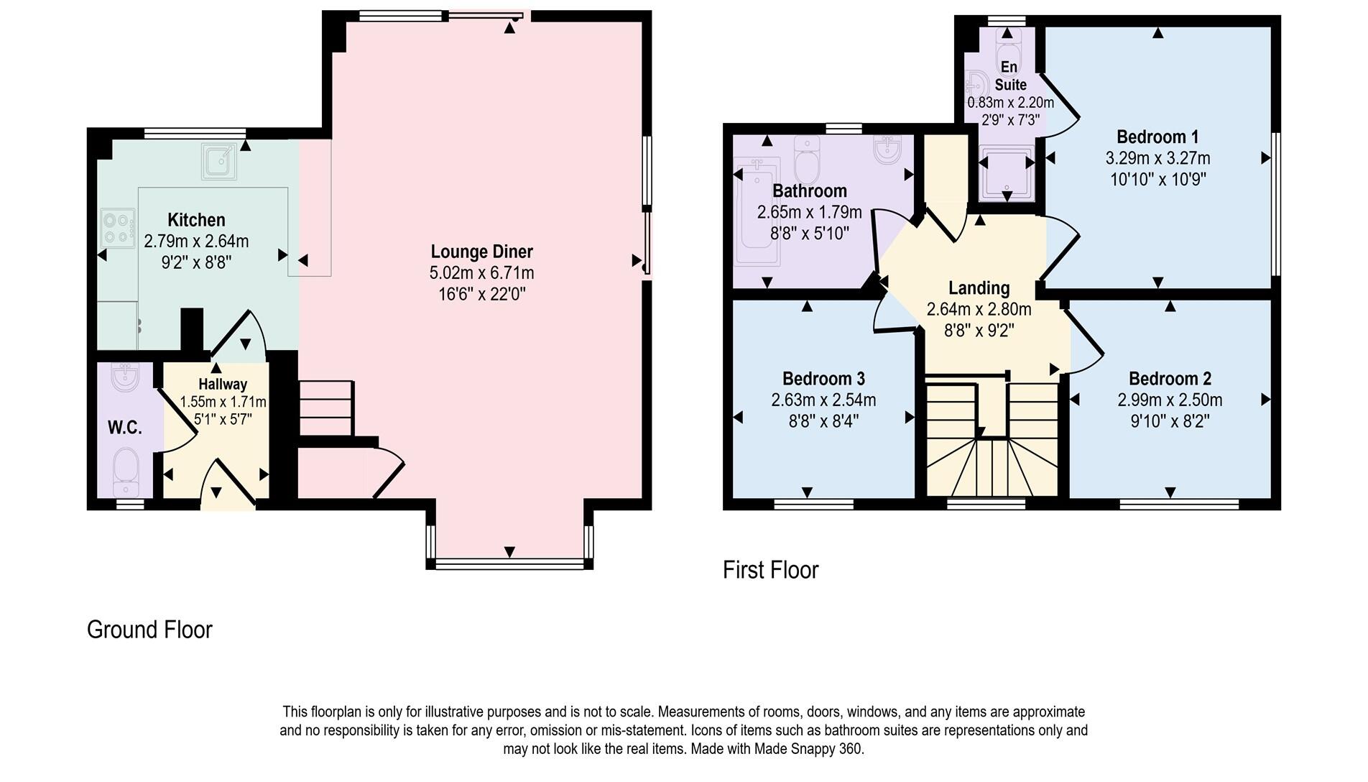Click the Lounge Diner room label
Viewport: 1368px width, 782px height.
pos(481,252)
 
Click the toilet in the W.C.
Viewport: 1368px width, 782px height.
pos(126,471)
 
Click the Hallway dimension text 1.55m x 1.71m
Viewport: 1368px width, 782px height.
pos(223,402)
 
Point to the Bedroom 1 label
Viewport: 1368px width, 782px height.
pos(1157,137)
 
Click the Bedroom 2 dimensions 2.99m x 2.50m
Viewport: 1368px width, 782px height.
pos(1169,400)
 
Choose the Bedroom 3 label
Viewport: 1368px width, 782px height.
pos(823,379)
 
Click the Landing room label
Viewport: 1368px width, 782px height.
pos(979,288)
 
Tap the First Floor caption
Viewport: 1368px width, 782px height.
pos(770,570)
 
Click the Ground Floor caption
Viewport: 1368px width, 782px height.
pos(149,630)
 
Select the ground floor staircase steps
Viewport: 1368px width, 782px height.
pos(325,408)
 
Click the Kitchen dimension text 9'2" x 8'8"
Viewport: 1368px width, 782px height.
pos(196,262)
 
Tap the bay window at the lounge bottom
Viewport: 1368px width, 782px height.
pos(509,563)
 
